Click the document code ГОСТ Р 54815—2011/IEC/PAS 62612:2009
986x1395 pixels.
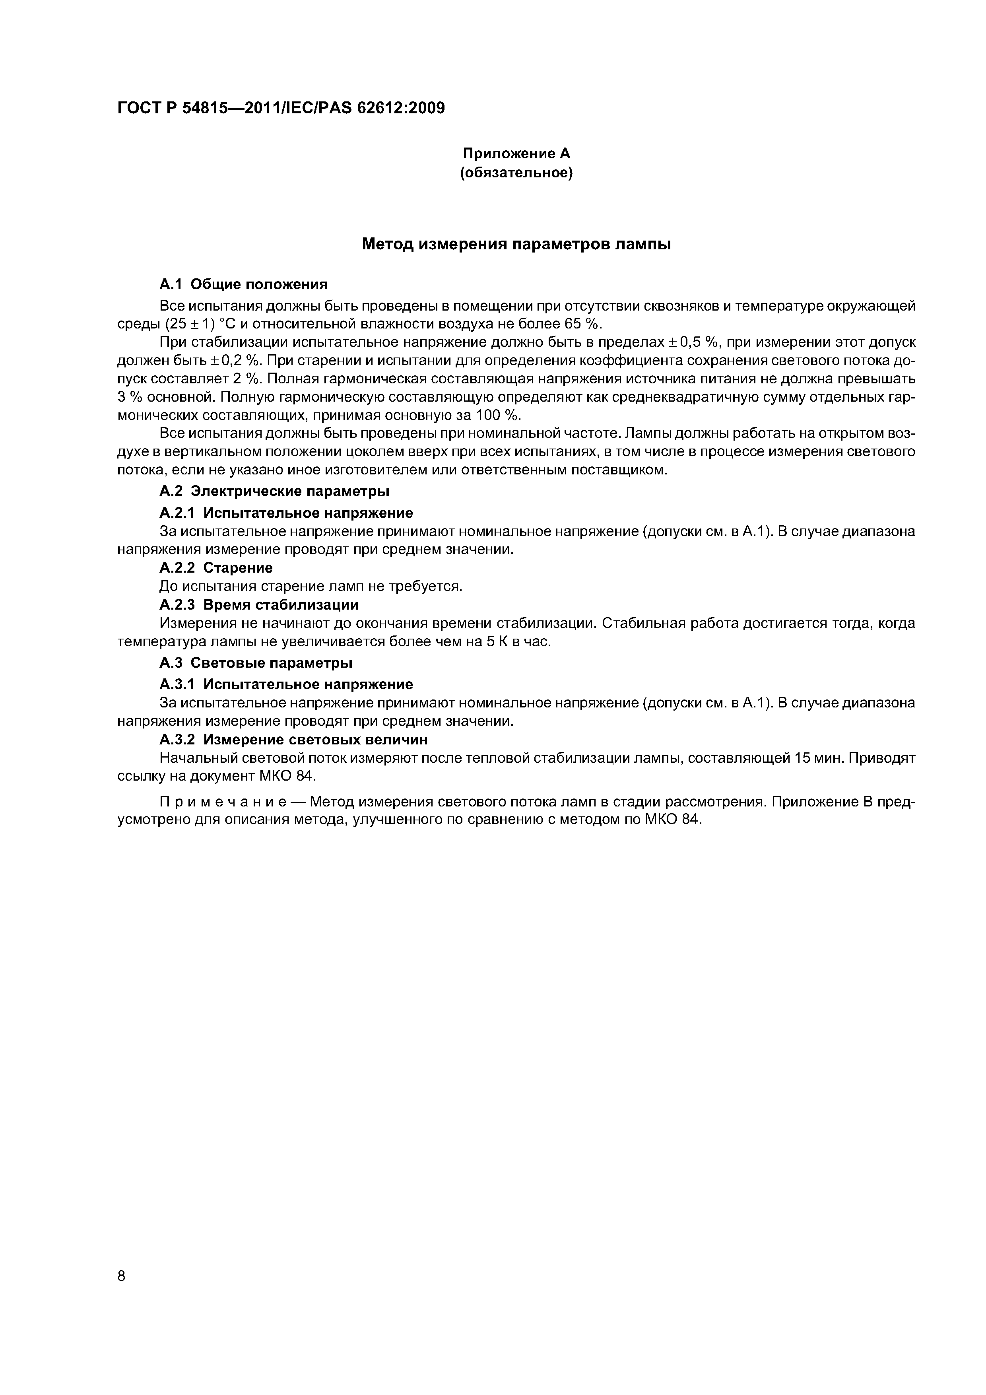[281, 108]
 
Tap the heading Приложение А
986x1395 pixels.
[516, 154]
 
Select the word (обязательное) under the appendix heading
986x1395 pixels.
[516, 173]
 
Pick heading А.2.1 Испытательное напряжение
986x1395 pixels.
[286, 513]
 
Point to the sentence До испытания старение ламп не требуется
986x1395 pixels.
[311, 586]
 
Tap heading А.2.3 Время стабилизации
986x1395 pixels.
[259, 605]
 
